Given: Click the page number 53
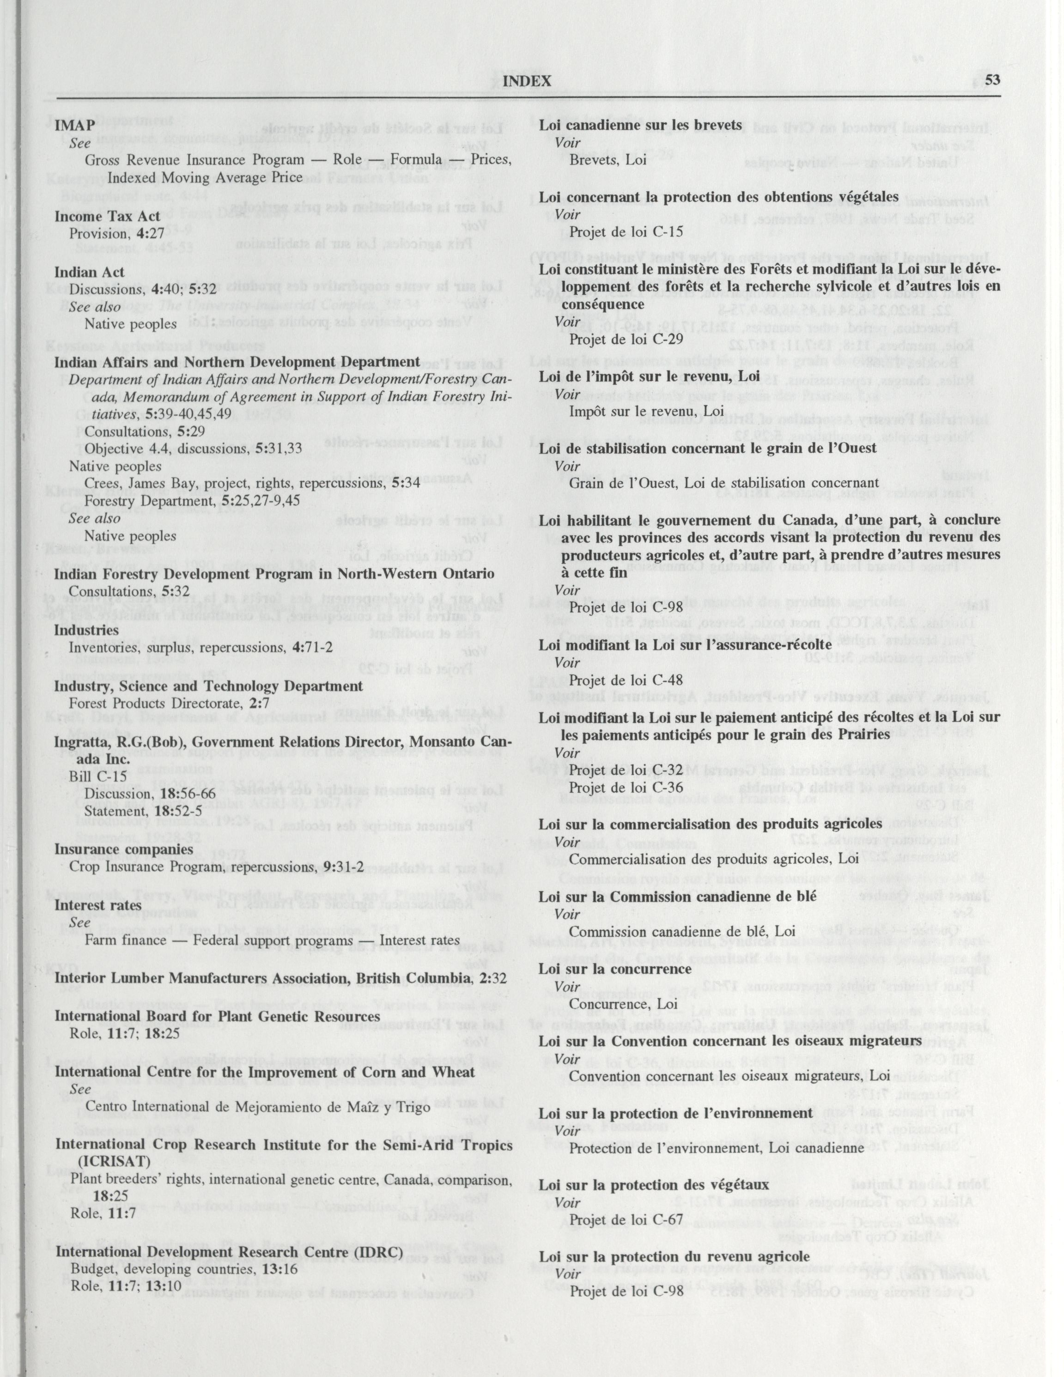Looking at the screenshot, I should coord(993,81).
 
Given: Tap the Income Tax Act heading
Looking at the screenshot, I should coord(105,216).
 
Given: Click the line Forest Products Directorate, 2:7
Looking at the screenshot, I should coord(156,703).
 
